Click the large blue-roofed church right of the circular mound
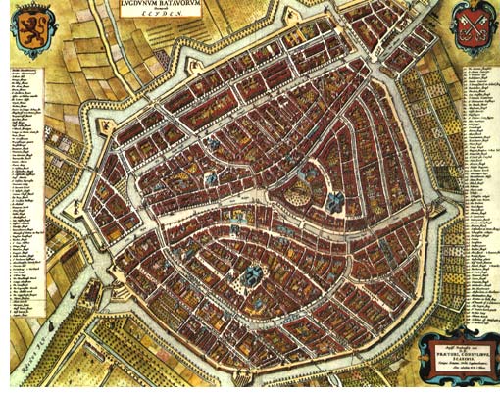coord(335,202)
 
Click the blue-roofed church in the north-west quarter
coord(211,144)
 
